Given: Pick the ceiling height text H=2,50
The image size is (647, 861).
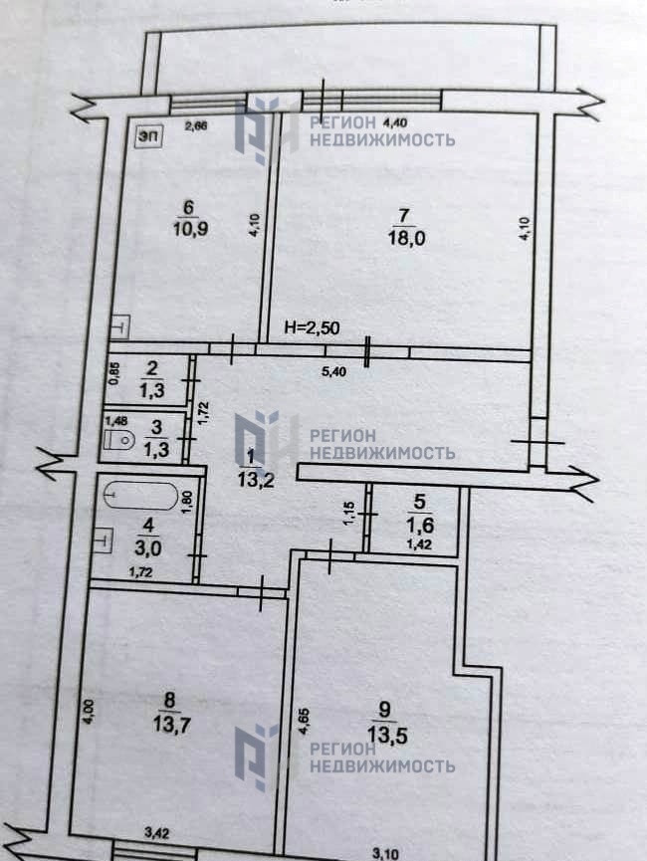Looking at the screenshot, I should click(309, 327).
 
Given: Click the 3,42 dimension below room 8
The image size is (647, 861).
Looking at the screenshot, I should click(157, 831).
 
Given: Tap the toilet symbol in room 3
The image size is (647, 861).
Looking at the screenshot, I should click(121, 439).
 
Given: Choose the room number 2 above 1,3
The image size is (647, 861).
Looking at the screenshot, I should click(151, 368).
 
